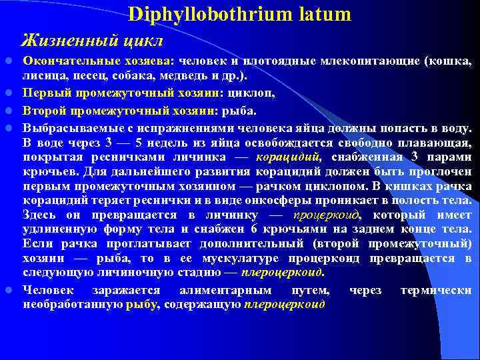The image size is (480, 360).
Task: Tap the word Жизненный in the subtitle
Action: [63, 41]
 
